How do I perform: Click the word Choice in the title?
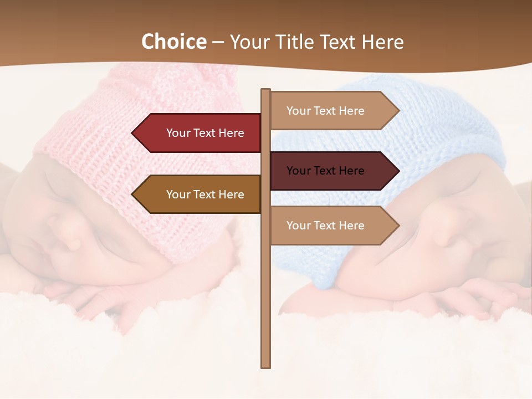click(173, 42)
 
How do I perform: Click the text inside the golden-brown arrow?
click(205, 195)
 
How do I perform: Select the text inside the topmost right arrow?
click(325, 111)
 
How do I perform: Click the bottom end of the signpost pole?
click(265, 365)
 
